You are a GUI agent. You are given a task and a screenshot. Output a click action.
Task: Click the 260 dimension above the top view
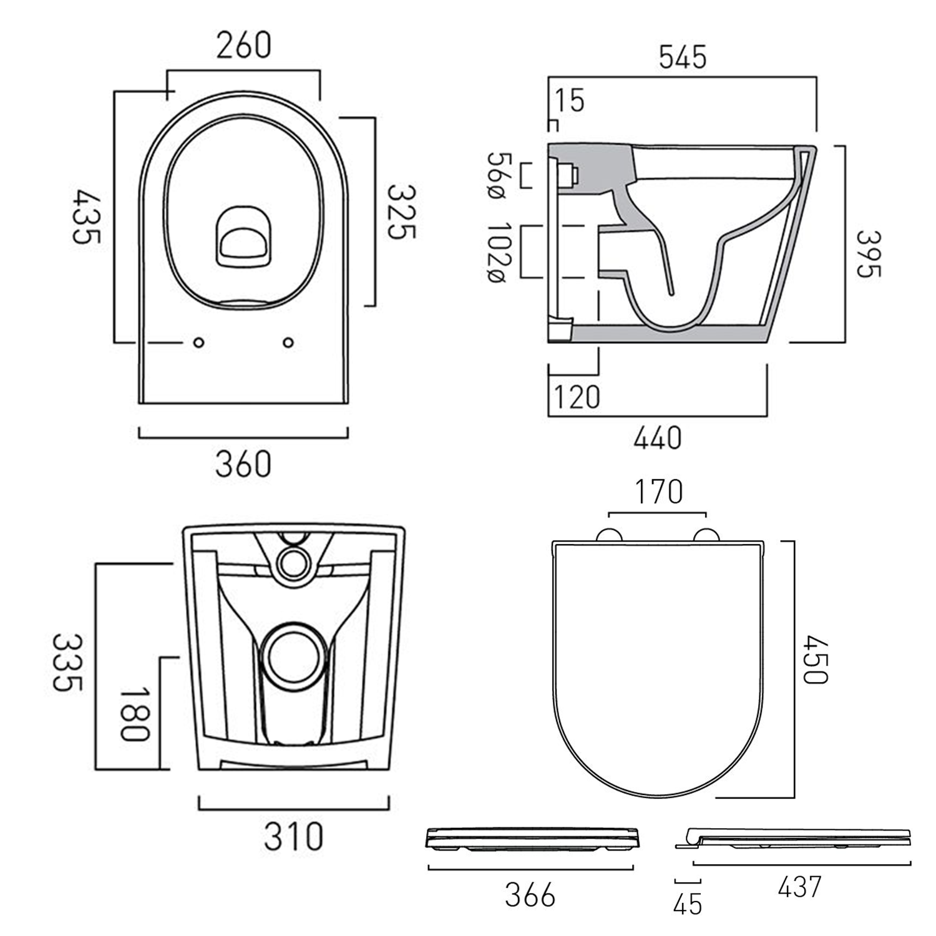[243, 46]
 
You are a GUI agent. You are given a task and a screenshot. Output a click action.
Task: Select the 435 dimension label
[85, 217]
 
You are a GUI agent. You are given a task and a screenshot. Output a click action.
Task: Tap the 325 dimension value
[401, 212]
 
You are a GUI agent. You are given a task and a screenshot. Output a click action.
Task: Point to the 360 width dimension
[243, 464]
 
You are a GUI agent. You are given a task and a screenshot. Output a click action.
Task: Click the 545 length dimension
[683, 57]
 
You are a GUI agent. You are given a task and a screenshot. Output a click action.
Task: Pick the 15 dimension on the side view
[569, 100]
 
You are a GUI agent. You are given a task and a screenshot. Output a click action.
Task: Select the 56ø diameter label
[499, 175]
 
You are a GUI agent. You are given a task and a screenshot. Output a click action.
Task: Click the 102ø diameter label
[499, 252]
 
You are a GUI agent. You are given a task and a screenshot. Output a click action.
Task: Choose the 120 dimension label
[577, 397]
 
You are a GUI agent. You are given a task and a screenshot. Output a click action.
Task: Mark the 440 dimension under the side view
[657, 438]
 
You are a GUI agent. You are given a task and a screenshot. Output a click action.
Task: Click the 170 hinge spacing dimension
[658, 492]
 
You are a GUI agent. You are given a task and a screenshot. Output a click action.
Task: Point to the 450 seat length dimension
[815, 660]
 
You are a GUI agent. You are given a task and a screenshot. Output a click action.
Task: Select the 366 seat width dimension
[530, 895]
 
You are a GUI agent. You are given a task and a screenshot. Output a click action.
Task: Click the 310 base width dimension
[293, 837]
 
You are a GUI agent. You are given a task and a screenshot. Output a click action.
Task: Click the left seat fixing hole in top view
[199, 343]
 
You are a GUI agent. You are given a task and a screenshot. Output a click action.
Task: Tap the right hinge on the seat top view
[706, 535]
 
